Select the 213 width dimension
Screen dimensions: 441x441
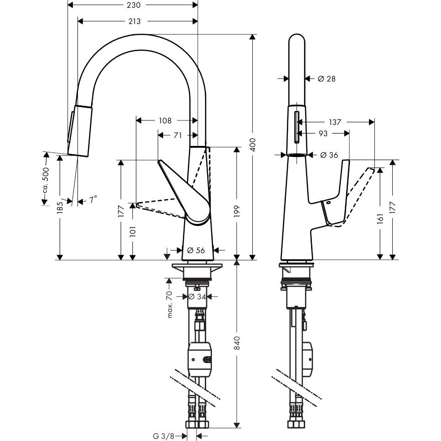coord(135,21)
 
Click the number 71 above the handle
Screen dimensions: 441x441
coord(178,135)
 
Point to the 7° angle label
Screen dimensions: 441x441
coord(93,199)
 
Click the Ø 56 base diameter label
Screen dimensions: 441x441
coord(195,250)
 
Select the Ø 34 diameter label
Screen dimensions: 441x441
coord(197,296)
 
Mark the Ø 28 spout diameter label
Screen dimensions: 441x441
coord(327,79)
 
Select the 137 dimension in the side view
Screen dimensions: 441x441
coord(335,122)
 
